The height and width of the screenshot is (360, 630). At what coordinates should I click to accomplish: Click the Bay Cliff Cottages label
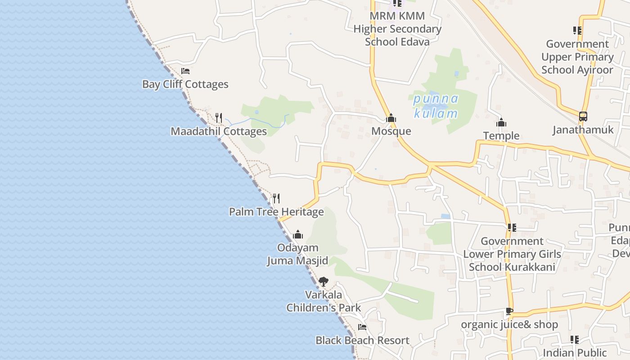click(x=185, y=84)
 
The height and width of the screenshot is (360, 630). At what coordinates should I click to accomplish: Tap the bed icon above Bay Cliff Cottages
click(x=185, y=71)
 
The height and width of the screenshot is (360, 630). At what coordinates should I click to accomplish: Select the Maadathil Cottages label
click(x=219, y=131)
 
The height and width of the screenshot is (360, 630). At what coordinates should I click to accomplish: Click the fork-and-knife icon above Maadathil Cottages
click(x=219, y=118)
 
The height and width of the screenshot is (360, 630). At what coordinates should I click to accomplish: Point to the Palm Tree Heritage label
click(x=276, y=211)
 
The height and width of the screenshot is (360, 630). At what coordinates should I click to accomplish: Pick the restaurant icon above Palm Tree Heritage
click(x=276, y=198)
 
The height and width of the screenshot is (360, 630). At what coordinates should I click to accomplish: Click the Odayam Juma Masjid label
click(x=297, y=254)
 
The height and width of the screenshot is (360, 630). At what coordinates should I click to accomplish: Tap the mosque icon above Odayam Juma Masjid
click(x=298, y=234)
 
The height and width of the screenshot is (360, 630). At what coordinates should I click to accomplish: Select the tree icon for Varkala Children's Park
click(x=323, y=282)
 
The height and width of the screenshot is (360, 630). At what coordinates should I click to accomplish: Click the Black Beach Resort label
click(x=362, y=340)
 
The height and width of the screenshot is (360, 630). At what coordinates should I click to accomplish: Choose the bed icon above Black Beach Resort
click(x=362, y=327)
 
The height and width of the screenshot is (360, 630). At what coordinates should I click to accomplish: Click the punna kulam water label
click(x=436, y=106)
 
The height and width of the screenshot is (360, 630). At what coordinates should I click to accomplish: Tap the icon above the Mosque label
click(x=391, y=118)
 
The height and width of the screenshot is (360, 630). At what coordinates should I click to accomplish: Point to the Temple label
click(x=501, y=135)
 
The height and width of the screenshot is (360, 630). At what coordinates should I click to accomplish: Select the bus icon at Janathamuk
click(x=583, y=117)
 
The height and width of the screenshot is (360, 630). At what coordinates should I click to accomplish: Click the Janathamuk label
click(x=583, y=130)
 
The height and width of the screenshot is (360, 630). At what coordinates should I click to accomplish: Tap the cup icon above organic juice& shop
click(x=509, y=311)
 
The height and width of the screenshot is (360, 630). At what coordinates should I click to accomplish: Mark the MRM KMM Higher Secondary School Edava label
click(x=397, y=29)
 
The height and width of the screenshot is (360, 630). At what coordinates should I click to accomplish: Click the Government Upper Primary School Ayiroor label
click(x=577, y=57)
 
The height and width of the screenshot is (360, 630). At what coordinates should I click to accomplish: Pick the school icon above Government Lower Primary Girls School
click(x=512, y=228)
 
